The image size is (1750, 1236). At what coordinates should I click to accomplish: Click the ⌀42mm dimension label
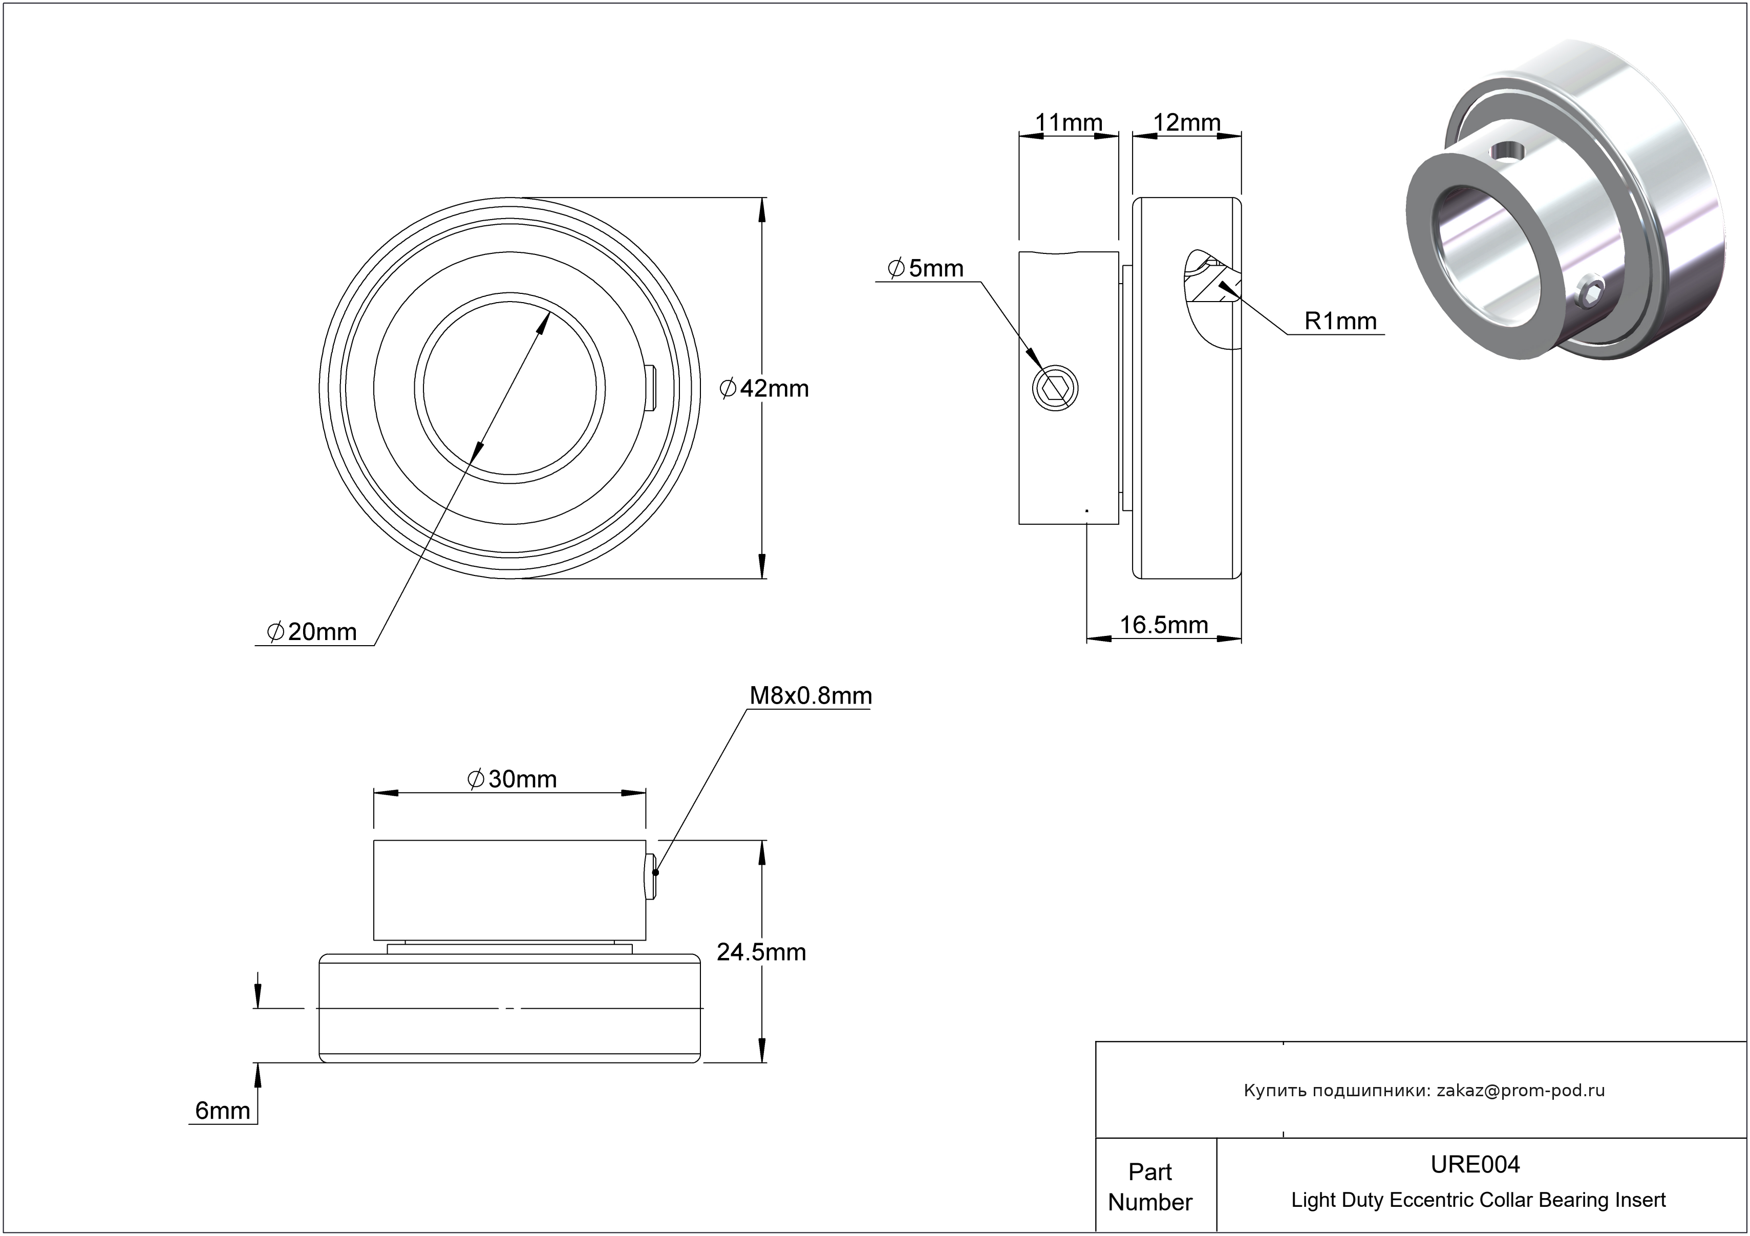(764, 389)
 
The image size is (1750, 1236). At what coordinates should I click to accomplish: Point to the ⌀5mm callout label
(925, 268)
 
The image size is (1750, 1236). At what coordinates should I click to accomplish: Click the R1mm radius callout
(1340, 321)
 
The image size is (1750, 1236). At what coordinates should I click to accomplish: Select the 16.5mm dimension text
(1163, 625)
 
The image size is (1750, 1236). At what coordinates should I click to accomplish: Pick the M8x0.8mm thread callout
(810, 696)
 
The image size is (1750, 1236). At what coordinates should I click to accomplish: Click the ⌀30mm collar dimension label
(511, 779)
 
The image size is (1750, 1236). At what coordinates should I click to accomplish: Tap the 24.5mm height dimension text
(761, 952)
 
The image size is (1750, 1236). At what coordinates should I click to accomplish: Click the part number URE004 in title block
(1475, 1164)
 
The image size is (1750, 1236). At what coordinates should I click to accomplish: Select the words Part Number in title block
(1149, 1186)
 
